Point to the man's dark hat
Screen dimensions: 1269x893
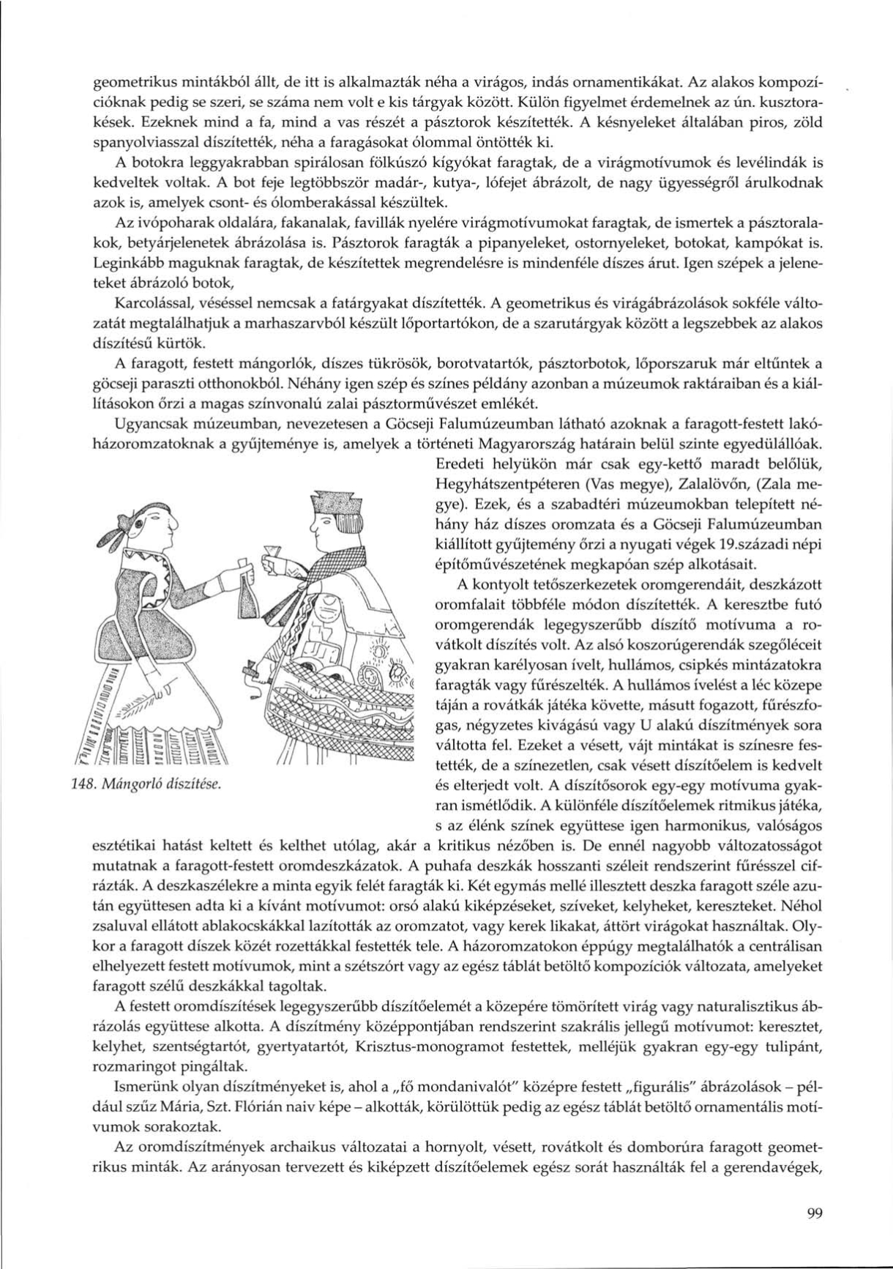335,506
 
